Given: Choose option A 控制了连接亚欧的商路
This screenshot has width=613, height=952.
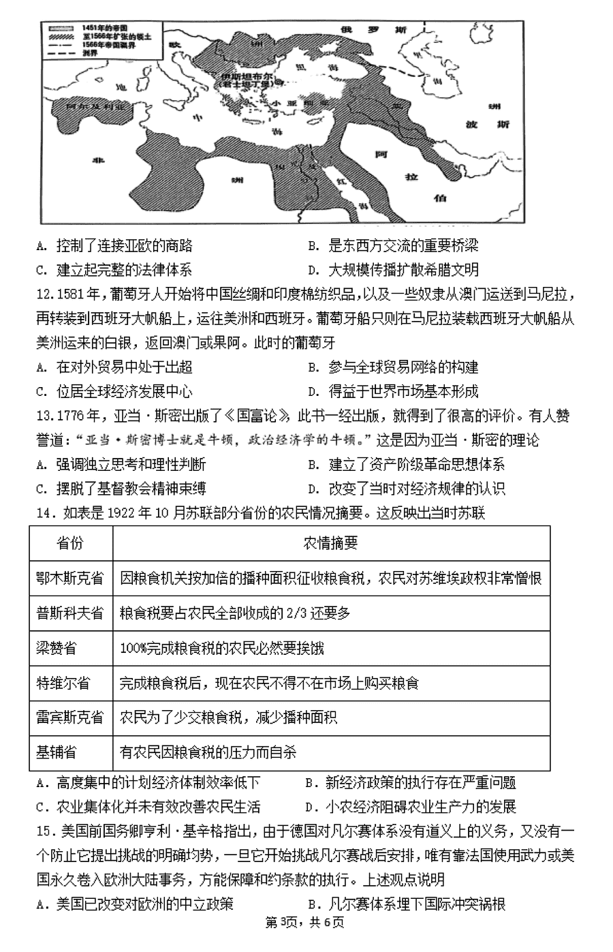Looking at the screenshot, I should [124, 246].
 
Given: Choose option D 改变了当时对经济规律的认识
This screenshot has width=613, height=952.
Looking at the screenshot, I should [416, 489].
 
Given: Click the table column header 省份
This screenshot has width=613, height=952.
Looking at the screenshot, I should [70, 542].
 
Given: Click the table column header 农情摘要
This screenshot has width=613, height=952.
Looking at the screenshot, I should [330, 542].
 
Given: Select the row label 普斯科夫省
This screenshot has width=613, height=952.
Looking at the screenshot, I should [70, 613].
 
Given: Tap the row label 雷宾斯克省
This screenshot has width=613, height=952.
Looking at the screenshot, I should [70, 718].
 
